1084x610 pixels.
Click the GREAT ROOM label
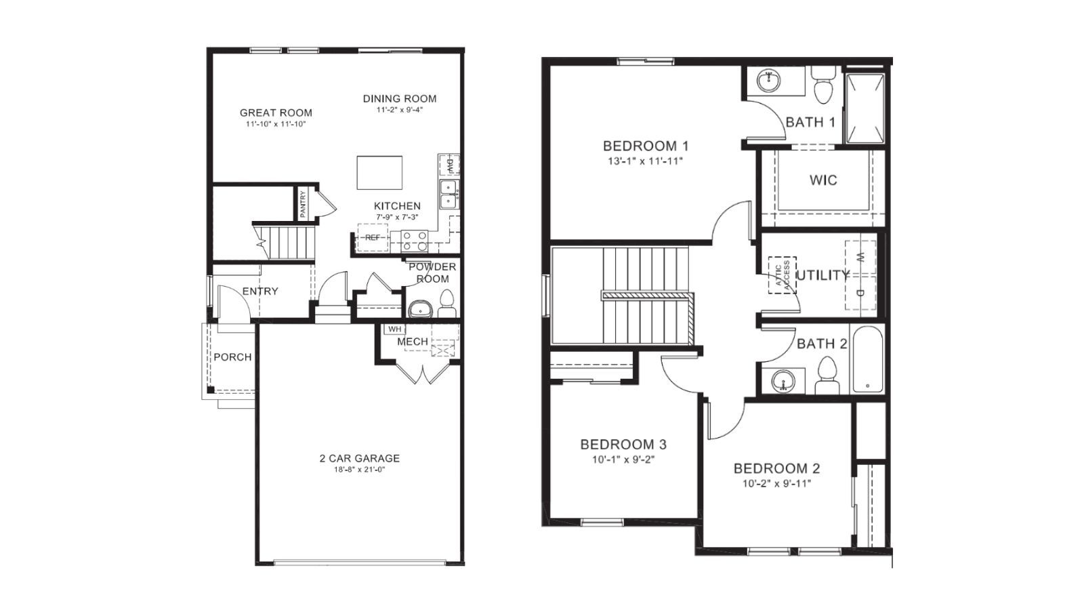(x=276, y=113)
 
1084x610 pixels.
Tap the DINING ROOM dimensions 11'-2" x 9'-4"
(x=400, y=110)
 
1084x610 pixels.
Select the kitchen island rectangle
(x=379, y=173)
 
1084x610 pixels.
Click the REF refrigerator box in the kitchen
(x=373, y=238)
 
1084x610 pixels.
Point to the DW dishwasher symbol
(x=449, y=165)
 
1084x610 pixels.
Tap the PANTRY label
(x=303, y=204)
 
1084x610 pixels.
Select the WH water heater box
(x=394, y=329)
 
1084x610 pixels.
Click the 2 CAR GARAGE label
(x=359, y=458)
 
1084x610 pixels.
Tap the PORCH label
(x=232, y=357)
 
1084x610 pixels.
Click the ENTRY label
(x=260, y=291)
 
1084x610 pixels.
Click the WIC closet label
(x=823, y=180)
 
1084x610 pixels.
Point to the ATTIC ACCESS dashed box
(x=782, y=275)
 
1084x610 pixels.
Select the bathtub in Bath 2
(x=868, y=360)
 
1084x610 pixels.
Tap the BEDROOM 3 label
(x=623, y=445)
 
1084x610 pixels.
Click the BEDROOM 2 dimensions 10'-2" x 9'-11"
(x=776, y=484)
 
